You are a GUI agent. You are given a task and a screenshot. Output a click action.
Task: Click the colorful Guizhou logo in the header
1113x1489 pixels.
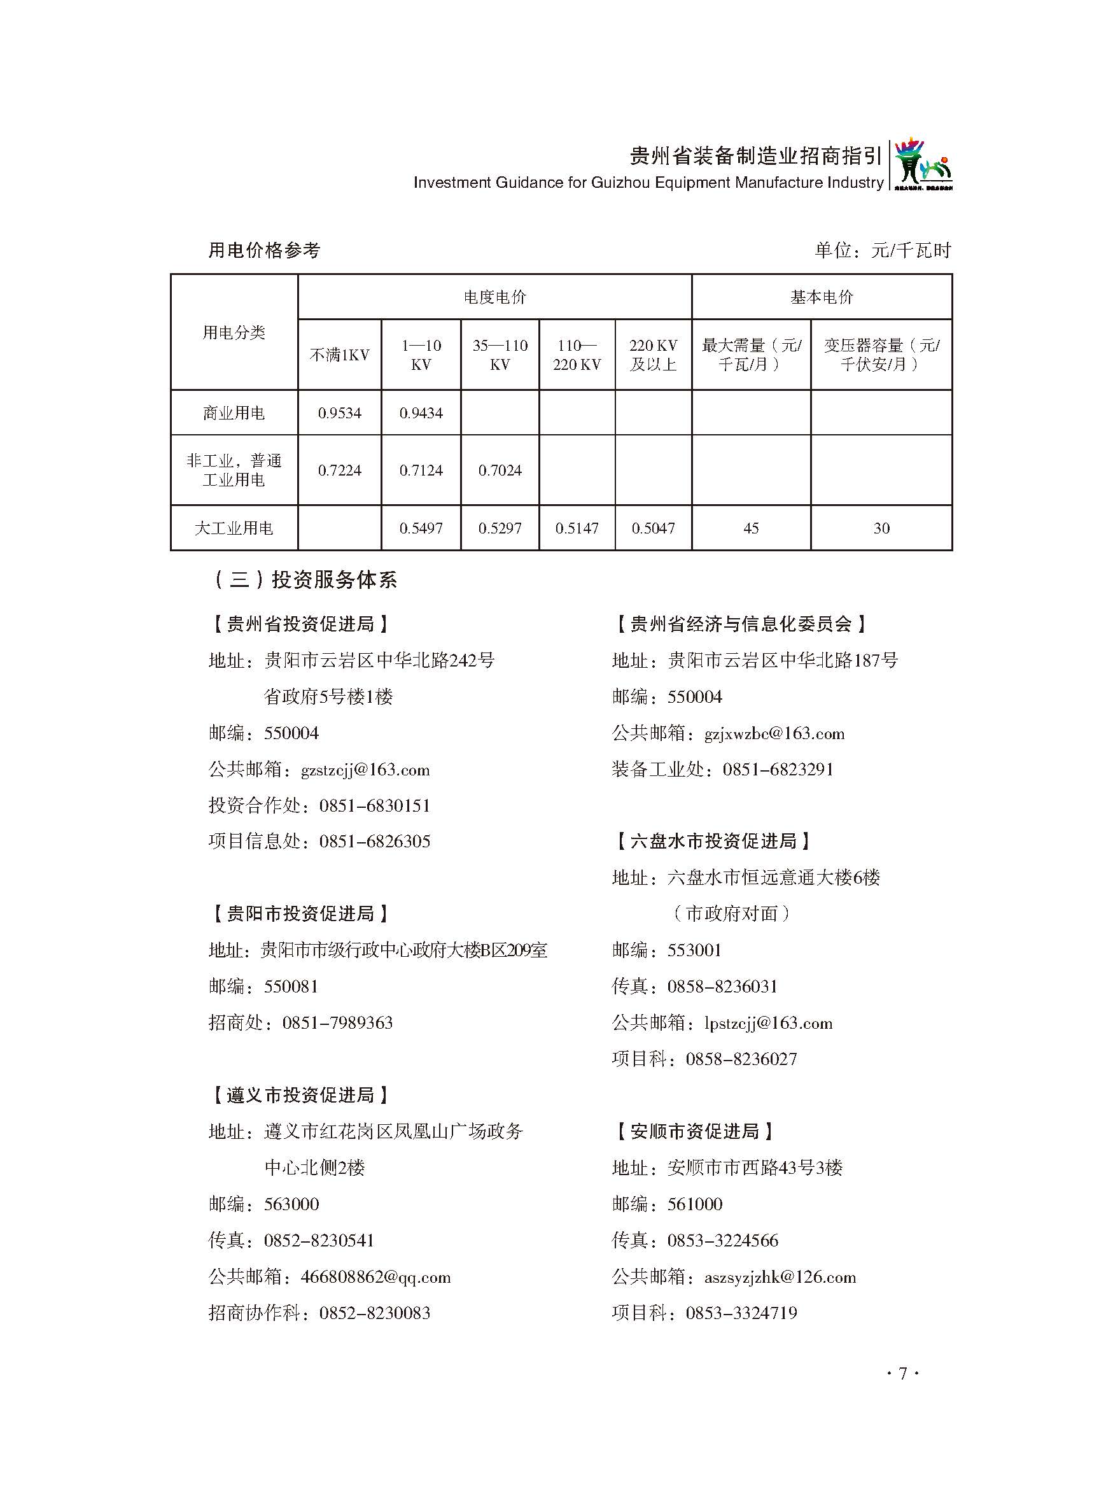(923, 165)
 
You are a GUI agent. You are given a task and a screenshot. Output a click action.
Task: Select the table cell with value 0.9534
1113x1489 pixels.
(339, 413)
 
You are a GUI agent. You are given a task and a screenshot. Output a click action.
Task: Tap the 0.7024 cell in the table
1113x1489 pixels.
(500, 470)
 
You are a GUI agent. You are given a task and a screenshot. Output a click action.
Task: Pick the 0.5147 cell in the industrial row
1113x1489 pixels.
(577, 528)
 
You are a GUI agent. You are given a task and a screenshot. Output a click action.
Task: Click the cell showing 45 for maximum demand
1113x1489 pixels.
(750, 528)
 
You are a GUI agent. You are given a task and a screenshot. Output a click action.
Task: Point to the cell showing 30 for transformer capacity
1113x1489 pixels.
(881, 528)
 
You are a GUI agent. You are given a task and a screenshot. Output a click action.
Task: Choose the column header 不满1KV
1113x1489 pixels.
(339, 355)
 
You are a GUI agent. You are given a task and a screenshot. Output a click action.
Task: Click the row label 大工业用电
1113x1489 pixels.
(234, 528)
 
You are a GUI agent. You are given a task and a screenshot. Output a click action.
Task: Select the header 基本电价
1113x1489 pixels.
(821, 297)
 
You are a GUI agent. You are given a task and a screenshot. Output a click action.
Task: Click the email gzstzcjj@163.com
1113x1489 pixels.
(365, 770)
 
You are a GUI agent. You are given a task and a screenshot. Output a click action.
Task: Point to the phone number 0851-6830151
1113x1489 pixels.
(374, 806)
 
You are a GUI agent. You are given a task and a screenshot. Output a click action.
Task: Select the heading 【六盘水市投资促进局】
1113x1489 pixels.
(713, 842)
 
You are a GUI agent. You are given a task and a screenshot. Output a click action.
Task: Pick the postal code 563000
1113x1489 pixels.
(291, 1204)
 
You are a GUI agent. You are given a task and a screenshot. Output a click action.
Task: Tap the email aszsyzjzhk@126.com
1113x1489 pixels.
(780, 1277)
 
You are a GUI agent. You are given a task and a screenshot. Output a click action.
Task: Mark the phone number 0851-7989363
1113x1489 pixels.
(337, 1022)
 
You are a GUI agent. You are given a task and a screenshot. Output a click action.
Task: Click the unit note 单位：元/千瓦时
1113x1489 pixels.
(882, 250)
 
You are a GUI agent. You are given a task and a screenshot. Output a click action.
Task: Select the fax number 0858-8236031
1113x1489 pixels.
(722, 987)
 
